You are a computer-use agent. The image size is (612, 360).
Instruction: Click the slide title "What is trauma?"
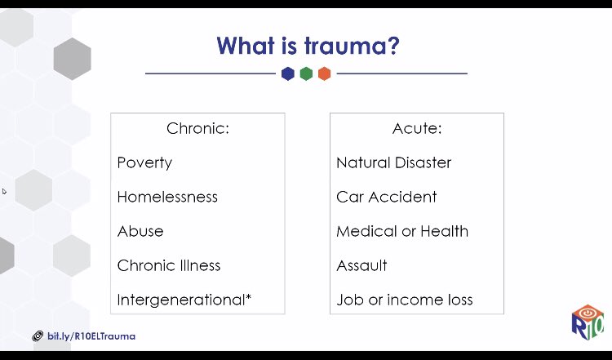(x=308, y=44)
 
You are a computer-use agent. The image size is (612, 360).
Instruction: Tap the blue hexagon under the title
(x=287, y=73)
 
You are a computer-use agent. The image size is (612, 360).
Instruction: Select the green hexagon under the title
(x=306, y=73)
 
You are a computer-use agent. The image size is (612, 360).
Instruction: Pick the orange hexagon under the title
(x=324, y=73)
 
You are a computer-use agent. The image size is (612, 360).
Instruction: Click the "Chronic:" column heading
(x=197, y=128)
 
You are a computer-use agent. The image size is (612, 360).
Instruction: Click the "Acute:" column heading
(x=416, y=128)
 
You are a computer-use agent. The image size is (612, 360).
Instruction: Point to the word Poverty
(x=144, y=162)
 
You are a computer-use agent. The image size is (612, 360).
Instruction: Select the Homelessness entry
(x=167, y=197)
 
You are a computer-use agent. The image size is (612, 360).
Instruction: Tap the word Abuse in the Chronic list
(x=140, y=231)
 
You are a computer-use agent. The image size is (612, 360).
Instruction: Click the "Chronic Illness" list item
(x=169, y=265)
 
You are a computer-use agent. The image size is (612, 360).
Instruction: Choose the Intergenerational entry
(x=180, y=300)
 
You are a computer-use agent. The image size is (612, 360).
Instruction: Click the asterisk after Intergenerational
(x=248, y=297)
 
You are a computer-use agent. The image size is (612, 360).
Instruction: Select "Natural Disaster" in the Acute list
(x=393, y=162)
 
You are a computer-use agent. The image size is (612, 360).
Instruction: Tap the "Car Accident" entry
(x=386, y=197)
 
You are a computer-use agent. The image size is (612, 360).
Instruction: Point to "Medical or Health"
(x=402, y=231)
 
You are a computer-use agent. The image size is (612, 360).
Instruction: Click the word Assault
(x=361, y=265)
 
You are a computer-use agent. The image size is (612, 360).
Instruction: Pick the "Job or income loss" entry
(x=404, y=300)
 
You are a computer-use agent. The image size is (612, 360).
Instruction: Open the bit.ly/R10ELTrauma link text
(x=91, y=336)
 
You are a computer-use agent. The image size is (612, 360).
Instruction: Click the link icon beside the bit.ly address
(x=38, y=336)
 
